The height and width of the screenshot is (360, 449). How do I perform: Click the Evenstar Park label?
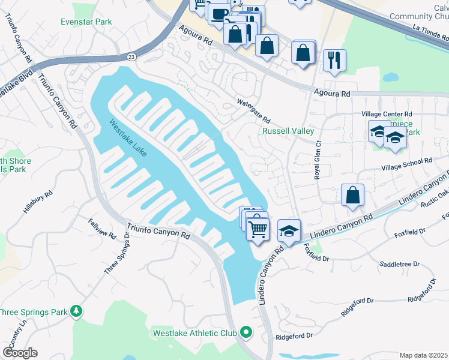point(86,22)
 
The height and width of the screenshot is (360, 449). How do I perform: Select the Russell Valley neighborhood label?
point(288,131)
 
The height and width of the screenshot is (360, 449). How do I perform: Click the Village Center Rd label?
point(387,114)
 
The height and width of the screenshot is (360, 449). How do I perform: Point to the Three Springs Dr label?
point(117,254)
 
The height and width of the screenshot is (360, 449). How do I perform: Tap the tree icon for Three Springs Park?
point(76,311)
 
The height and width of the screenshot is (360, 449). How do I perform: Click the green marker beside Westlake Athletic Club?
point(246,332)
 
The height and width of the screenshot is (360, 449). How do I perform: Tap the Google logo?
point(19,353)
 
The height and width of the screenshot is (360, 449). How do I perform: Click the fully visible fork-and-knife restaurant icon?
point(334,61)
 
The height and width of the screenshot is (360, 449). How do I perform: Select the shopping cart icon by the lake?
point(258,228)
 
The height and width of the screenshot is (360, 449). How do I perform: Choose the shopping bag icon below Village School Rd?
point(352,195)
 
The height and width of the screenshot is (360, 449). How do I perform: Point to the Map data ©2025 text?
point(424,355)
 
